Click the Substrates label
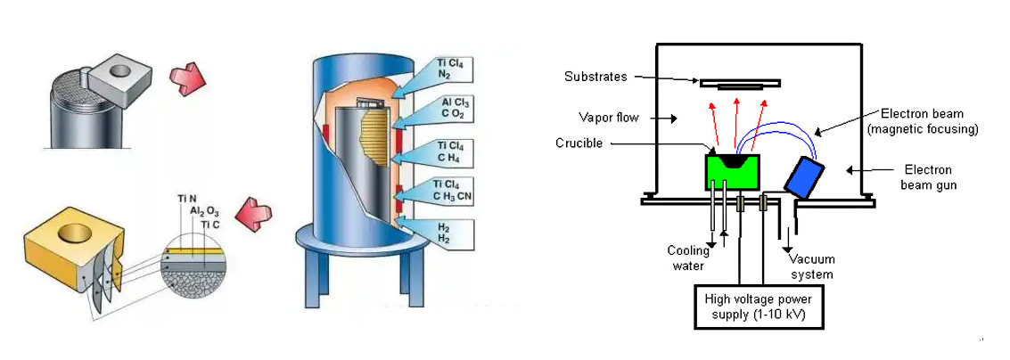(596, 77)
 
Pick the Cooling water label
(687, 258)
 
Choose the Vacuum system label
(812, 266)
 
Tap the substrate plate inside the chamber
(740, 84)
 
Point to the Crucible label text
(579, 143)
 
